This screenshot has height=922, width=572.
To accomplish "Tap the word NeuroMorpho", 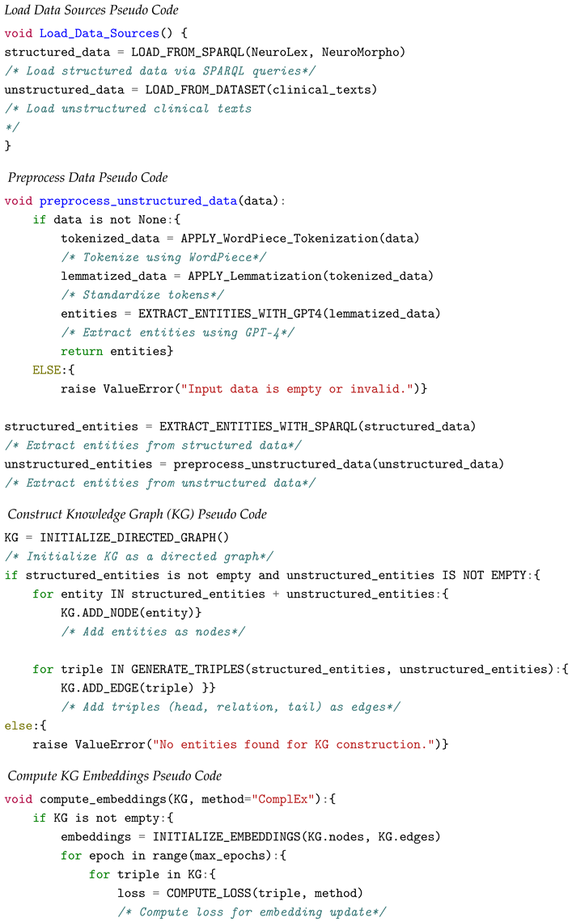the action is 360,52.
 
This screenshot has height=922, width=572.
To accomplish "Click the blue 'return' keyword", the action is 82,351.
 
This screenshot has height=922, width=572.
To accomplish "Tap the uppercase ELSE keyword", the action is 47,370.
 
